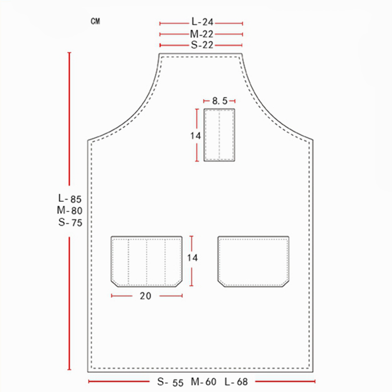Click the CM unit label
[x=95, y=22]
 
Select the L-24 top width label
[x=201, y=22]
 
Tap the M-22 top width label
[x=201, y=34]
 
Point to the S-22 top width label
[x=201, y=45]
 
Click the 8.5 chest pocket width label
[x=220, y=101]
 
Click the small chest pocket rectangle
[x=220, y=135]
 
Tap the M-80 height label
[x=69, y=211]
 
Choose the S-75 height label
[x=69, y=222]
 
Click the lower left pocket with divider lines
[x=147, y=261]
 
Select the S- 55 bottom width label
[x=170, y=382]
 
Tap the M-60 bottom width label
[x=203, y=382]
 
